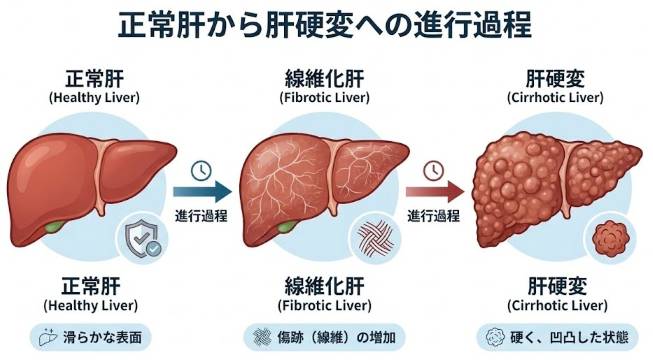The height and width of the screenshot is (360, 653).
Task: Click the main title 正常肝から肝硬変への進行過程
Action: (326, 23)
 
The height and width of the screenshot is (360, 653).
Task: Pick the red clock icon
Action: (434, 168)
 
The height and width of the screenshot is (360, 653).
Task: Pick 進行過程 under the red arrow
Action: (434, 215)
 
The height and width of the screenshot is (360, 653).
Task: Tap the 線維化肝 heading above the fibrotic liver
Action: (325, 79)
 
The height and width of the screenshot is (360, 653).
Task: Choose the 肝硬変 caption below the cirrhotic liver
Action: (559, 284)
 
